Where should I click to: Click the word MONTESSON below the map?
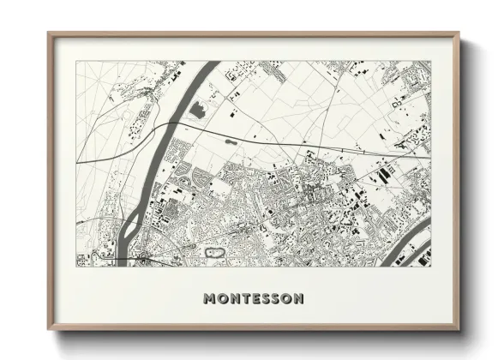coord(252,299)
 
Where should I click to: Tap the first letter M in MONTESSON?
coord(210,299)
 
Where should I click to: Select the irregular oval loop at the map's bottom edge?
coord(214,253)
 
